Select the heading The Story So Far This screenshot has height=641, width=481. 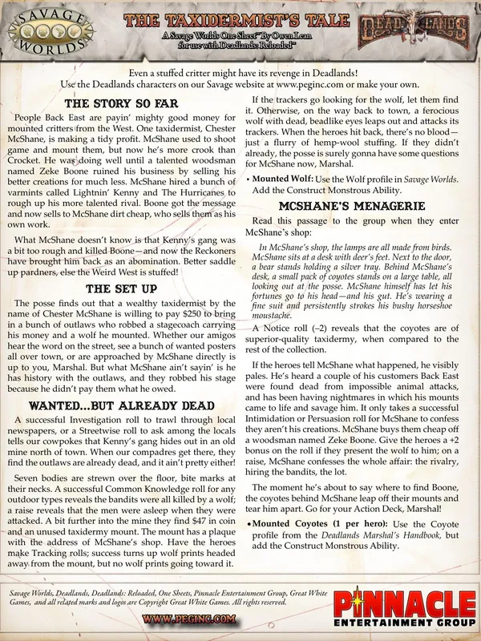coord(121,104)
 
